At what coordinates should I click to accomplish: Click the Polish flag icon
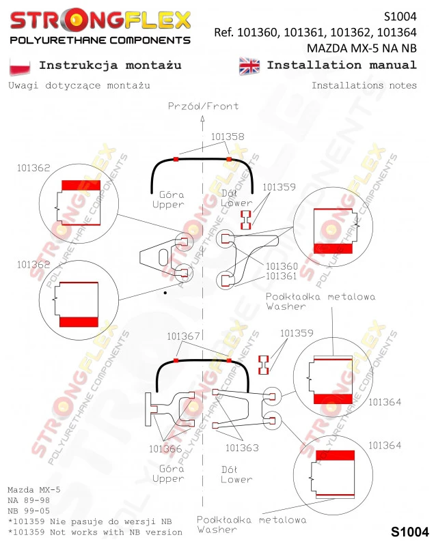[20, 66]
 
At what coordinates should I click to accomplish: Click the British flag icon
[249, 66]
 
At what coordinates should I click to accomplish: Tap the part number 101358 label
[228, 136]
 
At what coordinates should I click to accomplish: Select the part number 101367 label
[183, 336]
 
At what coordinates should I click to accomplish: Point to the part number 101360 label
[282, 266]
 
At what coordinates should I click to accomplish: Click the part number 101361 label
[281, 276]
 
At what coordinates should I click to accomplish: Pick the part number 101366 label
[165, 449]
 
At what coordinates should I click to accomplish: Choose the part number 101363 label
[242, 448]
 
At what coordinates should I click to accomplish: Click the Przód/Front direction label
[204, 106]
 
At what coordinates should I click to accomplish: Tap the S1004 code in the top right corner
[400, 16]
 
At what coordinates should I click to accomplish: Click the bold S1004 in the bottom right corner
[409, 532]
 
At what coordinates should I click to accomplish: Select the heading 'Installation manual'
[342, 65]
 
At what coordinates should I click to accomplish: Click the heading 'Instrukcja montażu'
[110, 66]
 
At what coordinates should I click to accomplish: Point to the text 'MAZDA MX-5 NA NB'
[362, 48]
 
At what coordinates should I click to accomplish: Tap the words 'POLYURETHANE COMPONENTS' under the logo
[100, 40]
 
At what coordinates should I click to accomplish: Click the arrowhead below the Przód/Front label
[203, 119]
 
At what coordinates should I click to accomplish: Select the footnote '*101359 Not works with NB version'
[95, 532]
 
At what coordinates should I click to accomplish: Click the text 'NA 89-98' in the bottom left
[29, 500]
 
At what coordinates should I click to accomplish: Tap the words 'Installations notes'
[364, 85]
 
